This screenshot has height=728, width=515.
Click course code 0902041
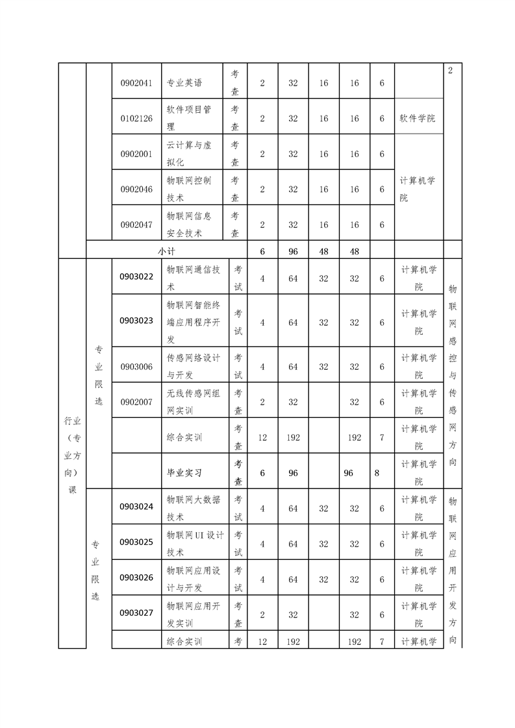tap(136, 83)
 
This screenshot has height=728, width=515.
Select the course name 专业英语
tap(184, 83)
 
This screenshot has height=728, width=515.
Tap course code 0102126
tap(136, 119)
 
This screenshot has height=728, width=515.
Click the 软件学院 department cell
tap(418, 119)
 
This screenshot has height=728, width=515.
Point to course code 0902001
tap(136, 154)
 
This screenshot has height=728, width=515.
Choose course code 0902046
tap(136, 189)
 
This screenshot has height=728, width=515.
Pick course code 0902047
tap(136, 224)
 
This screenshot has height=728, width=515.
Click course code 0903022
tap(136, 277)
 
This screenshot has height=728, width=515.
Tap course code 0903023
tap(136, 321)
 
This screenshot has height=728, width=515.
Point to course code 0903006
tap(136, 367)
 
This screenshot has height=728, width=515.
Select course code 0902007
tap(136, 402)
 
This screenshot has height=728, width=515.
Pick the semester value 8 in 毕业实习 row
tap(377, 473)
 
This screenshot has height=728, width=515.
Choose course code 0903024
tap(136, 507)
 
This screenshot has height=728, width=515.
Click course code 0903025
tap(136, 542)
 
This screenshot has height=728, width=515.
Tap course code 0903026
tap(136, 577)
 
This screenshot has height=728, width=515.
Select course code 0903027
tap(136, 613)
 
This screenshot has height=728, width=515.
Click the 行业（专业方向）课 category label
tap(72, 454)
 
